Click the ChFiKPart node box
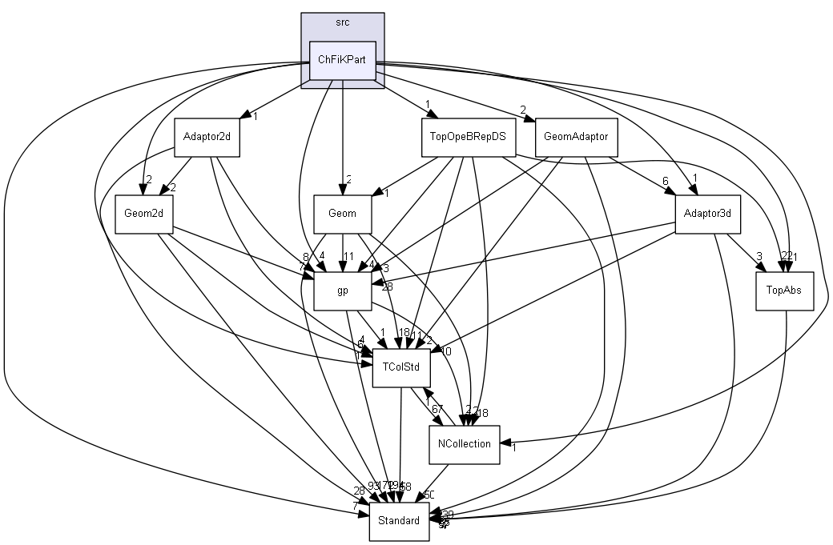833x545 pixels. pos(343,60)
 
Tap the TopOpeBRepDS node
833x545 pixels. pos(468,137)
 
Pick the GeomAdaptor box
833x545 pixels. pos(575,137)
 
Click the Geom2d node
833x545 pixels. pos(144,214)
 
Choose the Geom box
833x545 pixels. pos(342,214)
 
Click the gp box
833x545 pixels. pos(342,291)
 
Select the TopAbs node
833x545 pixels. pos(785,291)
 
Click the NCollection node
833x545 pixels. pos(465,443)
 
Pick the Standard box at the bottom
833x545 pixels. pos(399,521)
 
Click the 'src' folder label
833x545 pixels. pos(343,22)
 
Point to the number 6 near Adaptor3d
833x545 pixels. pos(665,182)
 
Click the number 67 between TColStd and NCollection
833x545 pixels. pos(437,409)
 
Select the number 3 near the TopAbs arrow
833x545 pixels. pos(758,257)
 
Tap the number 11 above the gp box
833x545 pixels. pos(348,258)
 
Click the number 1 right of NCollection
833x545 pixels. pos(513,447)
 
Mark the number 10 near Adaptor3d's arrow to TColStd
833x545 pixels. pos(446,351)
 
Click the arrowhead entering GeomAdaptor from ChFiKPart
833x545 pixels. pos(529,120)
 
